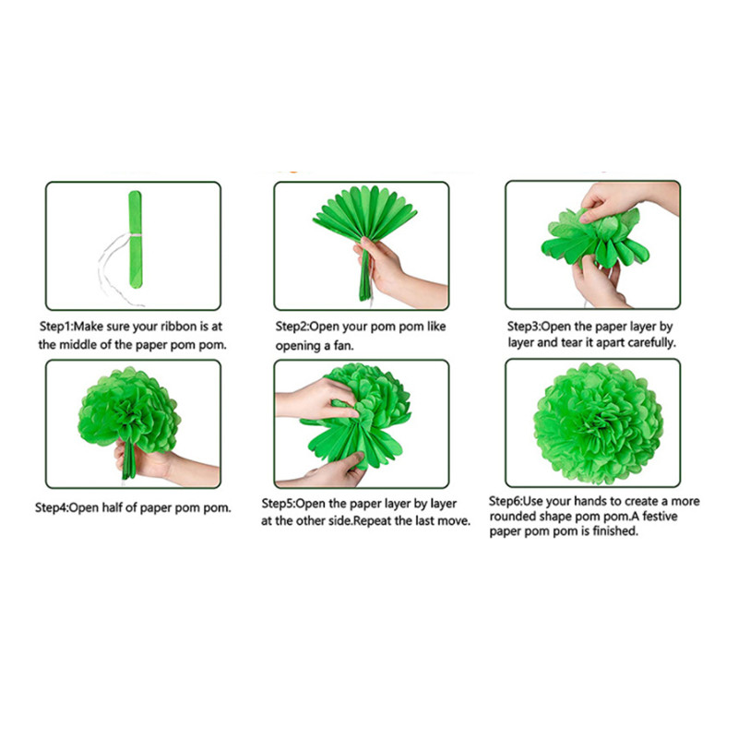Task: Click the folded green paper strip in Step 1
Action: (135, 240)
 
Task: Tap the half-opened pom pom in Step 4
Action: (129, 410)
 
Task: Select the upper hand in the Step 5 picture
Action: (316, 399)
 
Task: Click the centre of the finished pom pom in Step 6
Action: (598, 423)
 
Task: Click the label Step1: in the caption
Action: (56, 327)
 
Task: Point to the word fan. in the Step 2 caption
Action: (343, 346)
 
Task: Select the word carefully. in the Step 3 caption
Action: (652, 342)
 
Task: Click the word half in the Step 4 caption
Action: (112, 507)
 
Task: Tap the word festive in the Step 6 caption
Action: (660, 517)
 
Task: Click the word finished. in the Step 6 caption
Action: (615, 531)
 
